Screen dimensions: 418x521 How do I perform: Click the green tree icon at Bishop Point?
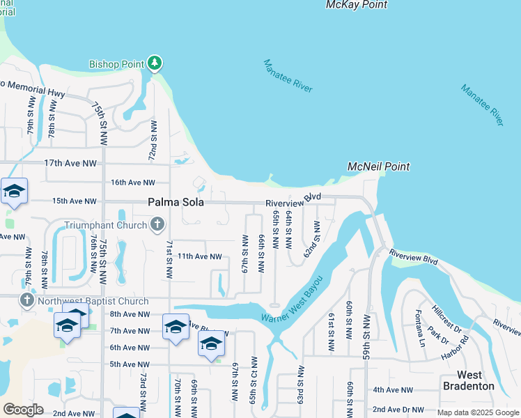pos(155,64)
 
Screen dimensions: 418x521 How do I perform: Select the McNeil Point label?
pos(378,167)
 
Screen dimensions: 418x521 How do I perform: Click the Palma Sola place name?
pos(176,202)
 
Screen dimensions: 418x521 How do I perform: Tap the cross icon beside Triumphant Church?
pos(157,224)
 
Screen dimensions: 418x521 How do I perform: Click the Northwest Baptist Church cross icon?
pos(27,301)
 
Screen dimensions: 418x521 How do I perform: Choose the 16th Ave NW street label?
pos(133,183)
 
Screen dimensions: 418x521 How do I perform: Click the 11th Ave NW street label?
pos(199,256)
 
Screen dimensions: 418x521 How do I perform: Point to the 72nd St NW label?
pos(153,141)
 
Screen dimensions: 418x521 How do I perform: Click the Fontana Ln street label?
pos(420,329)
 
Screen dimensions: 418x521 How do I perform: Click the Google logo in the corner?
pos(24,410)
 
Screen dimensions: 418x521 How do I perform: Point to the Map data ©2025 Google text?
pos(477,412)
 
